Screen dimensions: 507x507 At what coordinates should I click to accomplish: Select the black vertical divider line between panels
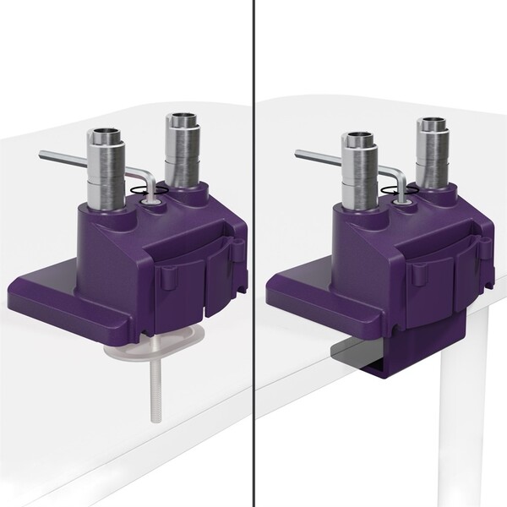[x=254, y=253]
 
